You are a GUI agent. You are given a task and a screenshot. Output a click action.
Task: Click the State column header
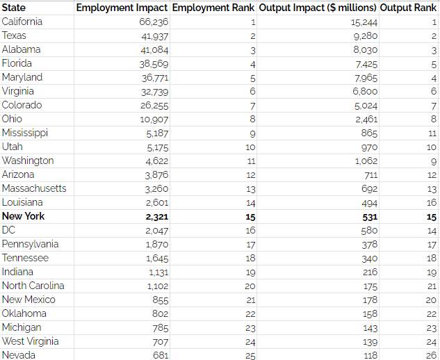pyautogui.click(x=14, y=8)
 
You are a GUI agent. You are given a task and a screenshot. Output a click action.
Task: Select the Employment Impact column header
pyautogui.click(x=122, y=8)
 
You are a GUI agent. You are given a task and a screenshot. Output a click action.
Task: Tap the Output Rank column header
pyautogui.click(x=409, y=8)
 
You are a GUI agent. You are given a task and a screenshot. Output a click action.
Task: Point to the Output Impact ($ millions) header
pyautogui.click(x=317, y=8)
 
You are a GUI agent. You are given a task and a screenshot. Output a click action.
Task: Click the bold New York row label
pyautogui.click(x=23, y=216)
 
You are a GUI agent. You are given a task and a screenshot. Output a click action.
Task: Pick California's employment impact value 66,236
pyautogui.click(x=154, y=22)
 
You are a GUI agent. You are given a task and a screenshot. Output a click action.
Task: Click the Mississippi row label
pyautogui.click(x=24, y=133)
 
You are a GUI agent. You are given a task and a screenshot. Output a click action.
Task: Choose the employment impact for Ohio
pyautogui.click(x=154, y=119)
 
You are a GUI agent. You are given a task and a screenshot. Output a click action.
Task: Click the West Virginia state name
pyautogui.click(x=30, y=341)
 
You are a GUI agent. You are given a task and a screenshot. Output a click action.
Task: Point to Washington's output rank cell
pyautogui.click(x=433, y=161)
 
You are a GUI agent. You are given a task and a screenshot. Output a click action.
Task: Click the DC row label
pyautogui.click(x=8, y=230)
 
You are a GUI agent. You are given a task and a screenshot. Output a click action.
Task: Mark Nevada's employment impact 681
pyautogui.click(x=160, y=355)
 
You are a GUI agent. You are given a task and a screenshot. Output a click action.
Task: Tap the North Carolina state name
pyautogui.click(x=33, y=286)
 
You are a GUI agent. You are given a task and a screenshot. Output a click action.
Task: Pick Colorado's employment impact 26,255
pyautogui.click(x=154, y=105)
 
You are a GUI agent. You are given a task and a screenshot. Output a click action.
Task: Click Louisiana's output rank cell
pyautogui.click(x=432, y=202)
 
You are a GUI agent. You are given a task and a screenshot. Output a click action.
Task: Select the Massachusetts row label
pyautogui.click(x=34, y=188)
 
